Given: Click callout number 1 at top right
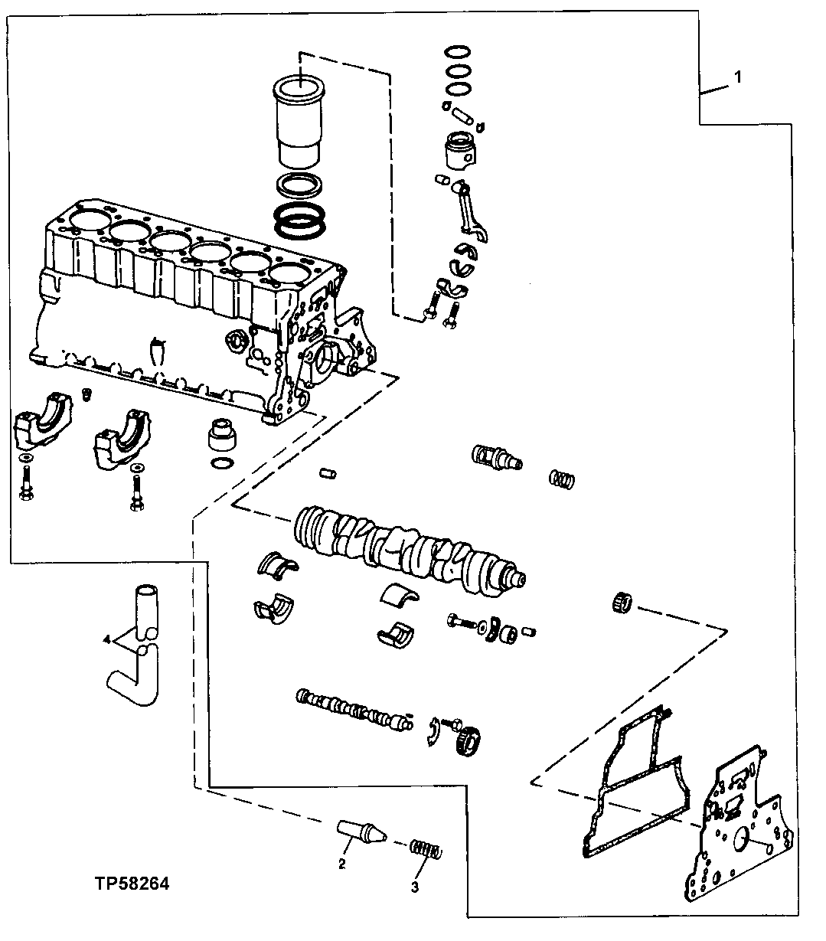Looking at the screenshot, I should (x=737, y=77).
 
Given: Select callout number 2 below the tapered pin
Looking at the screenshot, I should (x=342, y=864).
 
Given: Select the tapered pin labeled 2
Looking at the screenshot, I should (x=361, y=830).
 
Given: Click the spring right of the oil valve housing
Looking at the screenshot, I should (x=562, y=480).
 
